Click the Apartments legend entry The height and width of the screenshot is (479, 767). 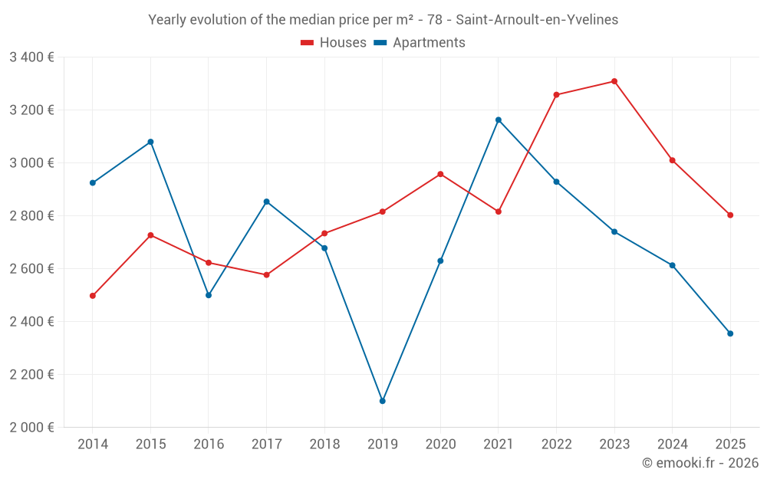click(x=420, y=43)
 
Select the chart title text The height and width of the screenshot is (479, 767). click(x=383, y=20)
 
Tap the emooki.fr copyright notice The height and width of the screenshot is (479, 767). click(x=700, y=463)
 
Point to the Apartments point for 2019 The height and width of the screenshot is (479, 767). click(x=383, y=401)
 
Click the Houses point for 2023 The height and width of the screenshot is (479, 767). click(x=614, y=81)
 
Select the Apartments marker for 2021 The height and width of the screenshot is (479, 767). click(x=499, y=120)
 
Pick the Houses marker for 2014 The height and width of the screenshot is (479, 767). click(x=93, y=296)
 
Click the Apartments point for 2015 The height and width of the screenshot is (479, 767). click(x=150, y=142)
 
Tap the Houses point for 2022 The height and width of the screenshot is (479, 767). click(x=557, y=95)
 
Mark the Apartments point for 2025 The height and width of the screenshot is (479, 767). click(x=730, y=333)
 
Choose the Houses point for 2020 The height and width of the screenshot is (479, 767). click(x=440, y=174)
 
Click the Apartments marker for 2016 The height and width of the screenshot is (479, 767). click(x=209, y=295)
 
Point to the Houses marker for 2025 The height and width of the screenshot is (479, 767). click(x=730, y=215)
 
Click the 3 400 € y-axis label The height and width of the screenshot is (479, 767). click(x=31, y=57)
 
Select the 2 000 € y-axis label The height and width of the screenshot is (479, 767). click(x=31, y=428)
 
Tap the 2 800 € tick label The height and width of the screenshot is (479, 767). click(x=31, y=216)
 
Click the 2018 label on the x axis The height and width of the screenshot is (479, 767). click(x=324, y=445)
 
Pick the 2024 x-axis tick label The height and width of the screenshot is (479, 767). click(x=673, y=445)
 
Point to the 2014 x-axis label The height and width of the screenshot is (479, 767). click(x=93, y=445)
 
